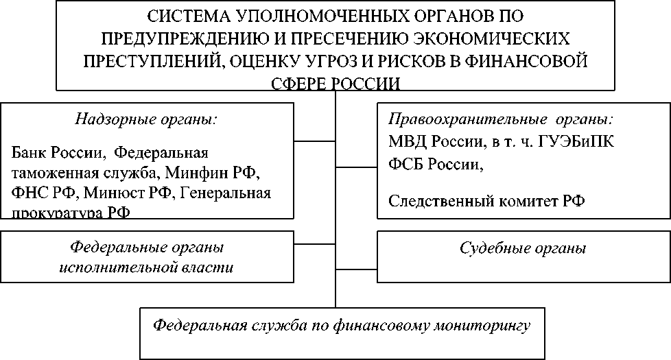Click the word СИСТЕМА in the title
pyautogui.click(x=180, y=15)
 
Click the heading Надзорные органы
pyautogui.click(x=145, y=119)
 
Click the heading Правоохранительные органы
pyautogui.click(x=501, y=119)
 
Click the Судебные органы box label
pyautogui.click(x=522, y=248)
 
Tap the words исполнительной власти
pyautogui.click(x=145, y=267)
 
